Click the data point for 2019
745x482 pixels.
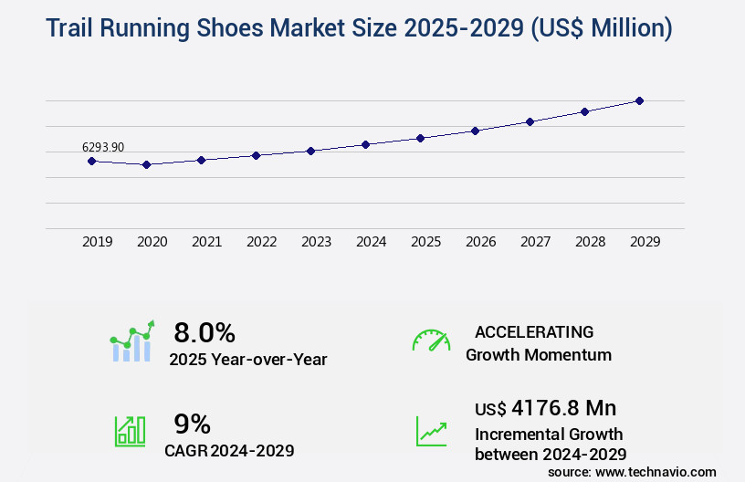point(91,161)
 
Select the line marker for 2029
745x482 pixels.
point(639,100)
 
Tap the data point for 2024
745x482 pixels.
point(365,144)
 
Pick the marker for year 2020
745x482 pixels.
point(146,164)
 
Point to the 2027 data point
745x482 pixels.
point(530,121)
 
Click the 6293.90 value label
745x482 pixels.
point(103,147)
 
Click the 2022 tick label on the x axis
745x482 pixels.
point(261,242)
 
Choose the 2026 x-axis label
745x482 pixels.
point(480,242)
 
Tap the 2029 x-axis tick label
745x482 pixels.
point(645,242)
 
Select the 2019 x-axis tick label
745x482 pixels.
point(97,242)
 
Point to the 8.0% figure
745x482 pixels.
point(205,331)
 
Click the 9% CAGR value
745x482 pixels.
point(192,424)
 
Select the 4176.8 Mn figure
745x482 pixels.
point(564,407)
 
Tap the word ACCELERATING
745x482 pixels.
point(534,331)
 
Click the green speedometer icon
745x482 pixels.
point(431,340)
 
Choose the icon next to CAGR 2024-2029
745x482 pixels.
point(129,431)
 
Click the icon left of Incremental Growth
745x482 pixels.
point(431,431)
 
